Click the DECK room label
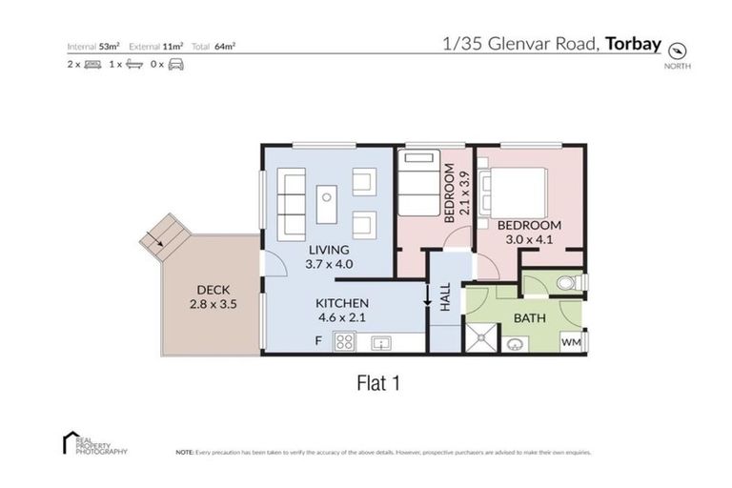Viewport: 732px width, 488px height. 213,291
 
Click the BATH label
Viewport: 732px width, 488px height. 529,318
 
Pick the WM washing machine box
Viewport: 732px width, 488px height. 571,341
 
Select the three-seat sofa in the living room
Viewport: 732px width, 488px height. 291,204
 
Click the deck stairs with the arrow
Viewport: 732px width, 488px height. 159,235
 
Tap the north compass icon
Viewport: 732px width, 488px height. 678,51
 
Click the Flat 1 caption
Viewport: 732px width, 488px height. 376,383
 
